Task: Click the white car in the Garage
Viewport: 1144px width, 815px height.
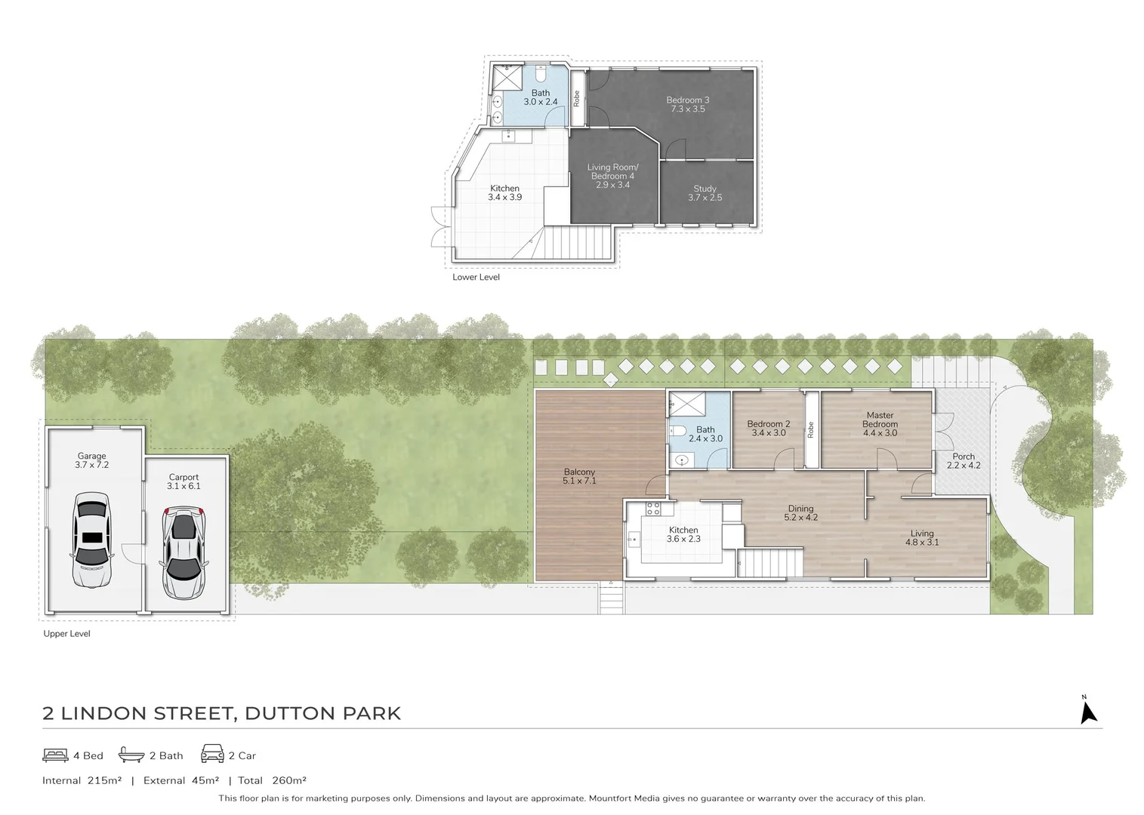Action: [x=92, y=539]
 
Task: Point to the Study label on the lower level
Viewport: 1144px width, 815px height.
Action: [x=705, y=189]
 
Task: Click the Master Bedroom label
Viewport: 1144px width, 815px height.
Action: [x=880, y=420]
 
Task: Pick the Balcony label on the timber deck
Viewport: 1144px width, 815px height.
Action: [x=579, y=472]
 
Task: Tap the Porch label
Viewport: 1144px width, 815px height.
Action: [x=964, y=457]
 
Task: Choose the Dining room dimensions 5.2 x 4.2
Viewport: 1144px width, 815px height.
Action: [x=800, y=518]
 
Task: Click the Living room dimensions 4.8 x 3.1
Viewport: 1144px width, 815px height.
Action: [x=922, y=542]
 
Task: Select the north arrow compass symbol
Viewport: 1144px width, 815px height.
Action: [x=1087, y=712]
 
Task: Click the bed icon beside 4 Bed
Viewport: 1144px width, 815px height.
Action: [x=56, y=755]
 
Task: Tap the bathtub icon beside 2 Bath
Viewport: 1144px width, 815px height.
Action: [x=131, y=755]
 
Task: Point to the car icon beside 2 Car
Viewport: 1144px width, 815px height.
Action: [x=212, y=754]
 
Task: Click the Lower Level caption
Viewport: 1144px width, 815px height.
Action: [x=476, y=277]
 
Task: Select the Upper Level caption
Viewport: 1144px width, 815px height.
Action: [x=66, y=634]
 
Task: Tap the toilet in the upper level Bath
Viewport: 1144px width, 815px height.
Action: [x=677, y=432]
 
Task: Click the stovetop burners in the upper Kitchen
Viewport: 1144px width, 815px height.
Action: [x=654, y=508]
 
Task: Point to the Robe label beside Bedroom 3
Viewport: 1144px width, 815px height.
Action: [x=577, y=98]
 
